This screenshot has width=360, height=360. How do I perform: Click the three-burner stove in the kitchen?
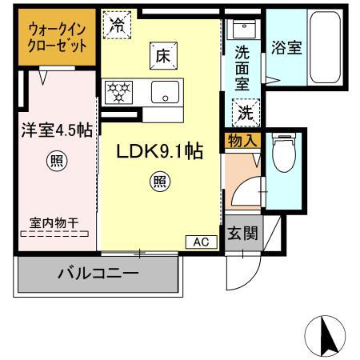119,91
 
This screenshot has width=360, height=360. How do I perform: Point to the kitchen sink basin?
166,92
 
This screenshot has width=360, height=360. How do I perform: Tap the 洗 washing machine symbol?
244,112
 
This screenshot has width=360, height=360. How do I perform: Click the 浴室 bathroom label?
286,47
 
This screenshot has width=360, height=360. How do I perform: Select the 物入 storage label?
242,142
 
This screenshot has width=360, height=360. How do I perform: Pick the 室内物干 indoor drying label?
54,226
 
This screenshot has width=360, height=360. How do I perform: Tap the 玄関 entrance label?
242,234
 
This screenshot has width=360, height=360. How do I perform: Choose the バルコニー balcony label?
97,274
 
